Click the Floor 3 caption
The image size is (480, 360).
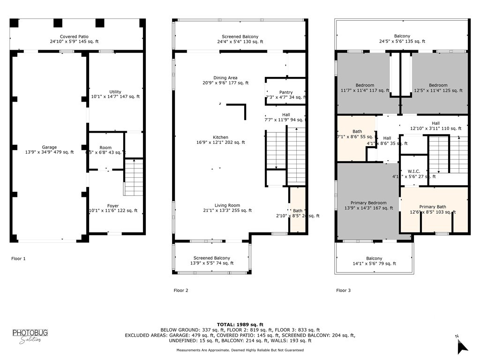click(x=343, y=291)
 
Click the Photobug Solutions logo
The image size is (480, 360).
click(x=30, y=336)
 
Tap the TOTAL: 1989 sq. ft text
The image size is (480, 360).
click(x=240, y=324)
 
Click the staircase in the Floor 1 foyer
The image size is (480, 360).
click(x=133, y=178)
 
